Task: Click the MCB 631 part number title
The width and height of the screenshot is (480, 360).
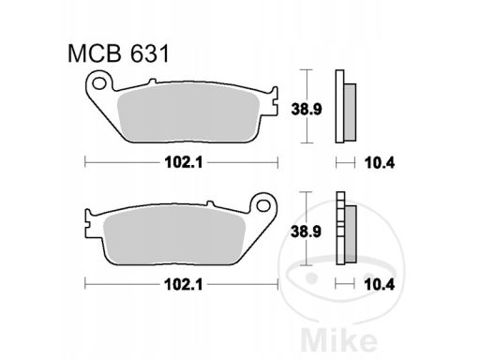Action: [x=118, y=53]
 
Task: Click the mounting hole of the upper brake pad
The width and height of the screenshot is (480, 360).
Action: [x=99, y=83]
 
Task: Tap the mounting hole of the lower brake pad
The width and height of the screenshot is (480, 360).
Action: [x=263, y=205]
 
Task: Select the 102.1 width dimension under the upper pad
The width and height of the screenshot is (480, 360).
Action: [x=184, y=162]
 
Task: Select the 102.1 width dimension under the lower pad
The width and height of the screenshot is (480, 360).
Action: [x=184, y=284]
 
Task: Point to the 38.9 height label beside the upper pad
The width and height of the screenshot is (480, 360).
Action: [x=307, y=110]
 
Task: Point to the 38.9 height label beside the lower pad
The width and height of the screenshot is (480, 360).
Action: [x=307, y=232]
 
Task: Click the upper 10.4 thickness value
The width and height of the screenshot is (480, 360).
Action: [x=380, y=163]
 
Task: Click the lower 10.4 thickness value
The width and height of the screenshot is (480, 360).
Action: [x=380, y=285]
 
